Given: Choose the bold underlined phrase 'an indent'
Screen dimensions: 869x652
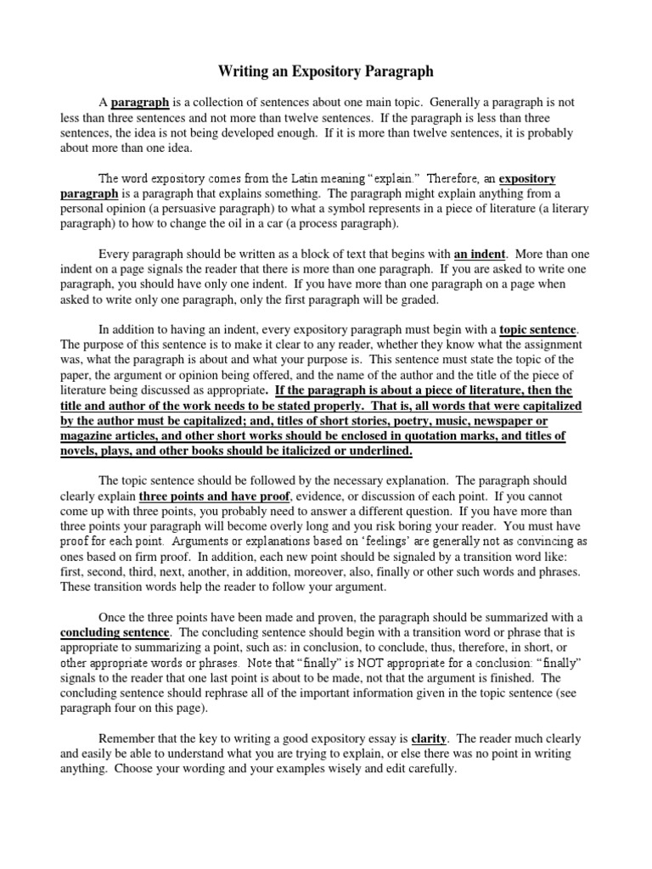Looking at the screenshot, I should click(x=480, y=254).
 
